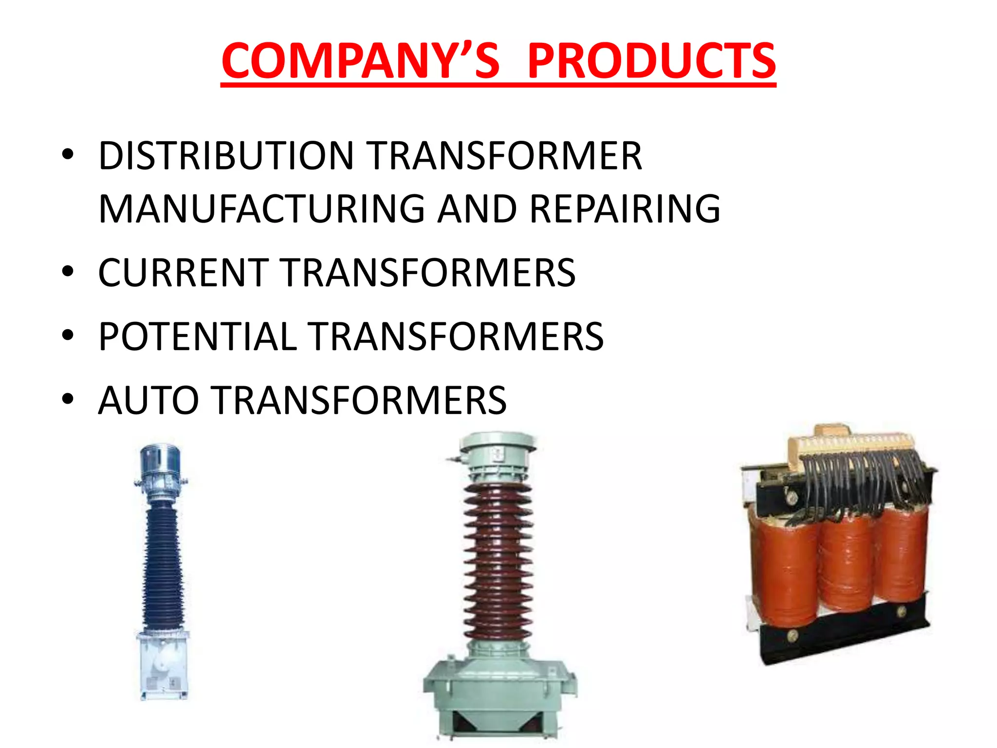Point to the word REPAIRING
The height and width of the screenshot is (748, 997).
tap(625, 209)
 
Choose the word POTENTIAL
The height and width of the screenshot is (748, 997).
tap(198, 337)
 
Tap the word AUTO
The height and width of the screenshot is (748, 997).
tap(148, 400)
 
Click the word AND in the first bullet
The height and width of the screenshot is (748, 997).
tap(477, 209)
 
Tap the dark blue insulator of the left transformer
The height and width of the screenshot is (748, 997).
tap(163, 565)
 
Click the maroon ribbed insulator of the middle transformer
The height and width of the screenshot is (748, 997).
tap(498, 560)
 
